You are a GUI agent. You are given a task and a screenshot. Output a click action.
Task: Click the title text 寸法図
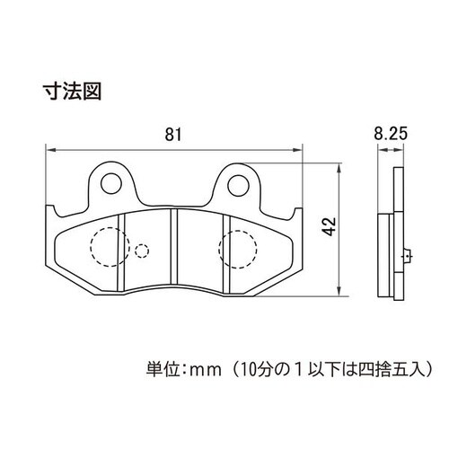pos(72,92)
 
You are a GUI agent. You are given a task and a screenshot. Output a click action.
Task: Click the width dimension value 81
pos(173,135)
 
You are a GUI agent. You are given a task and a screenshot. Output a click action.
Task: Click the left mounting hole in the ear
pos(111,183)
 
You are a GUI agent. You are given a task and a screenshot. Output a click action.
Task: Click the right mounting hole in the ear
pos(238,185)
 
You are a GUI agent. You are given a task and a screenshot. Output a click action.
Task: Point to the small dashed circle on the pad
pos(142,251)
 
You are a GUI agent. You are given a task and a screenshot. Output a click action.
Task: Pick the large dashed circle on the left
pos(110,247)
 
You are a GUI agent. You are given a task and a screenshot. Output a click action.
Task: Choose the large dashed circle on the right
pos(238,249)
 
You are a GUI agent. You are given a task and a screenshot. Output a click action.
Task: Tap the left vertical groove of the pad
pos(121,253)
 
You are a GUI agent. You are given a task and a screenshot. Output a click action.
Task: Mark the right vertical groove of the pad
pos(226,254)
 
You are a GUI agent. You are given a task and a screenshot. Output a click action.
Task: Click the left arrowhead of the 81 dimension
pos(50,150)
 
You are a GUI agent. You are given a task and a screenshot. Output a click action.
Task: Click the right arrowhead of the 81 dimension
pos(297,150)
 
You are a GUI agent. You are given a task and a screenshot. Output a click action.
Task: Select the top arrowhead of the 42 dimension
pos(339,168)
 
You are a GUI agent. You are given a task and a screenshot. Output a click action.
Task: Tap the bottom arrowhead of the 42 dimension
pos(339,292)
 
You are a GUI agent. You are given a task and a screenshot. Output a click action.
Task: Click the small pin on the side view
pos(408,257)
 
